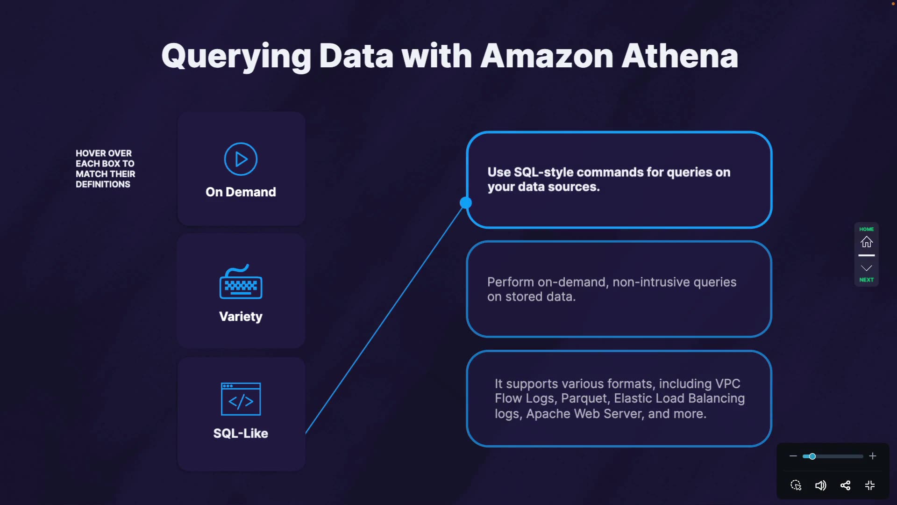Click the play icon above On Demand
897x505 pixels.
tap(241, 159)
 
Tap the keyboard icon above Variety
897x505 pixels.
tap(241, 283)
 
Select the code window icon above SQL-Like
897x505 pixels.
tap(241, 399)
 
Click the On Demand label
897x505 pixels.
tap(241, 192)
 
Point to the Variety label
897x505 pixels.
tap(241, 317)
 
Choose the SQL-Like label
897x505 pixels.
tap(241, 433)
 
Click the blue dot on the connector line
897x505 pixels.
tap(466, 202)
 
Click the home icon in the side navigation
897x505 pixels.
tap(867, 242)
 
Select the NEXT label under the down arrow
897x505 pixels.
tap(867, 280)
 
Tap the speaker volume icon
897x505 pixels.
tap(820, 485)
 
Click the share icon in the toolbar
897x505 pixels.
tap(845, 485)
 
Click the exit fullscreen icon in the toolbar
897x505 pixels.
tap(870, 485)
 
